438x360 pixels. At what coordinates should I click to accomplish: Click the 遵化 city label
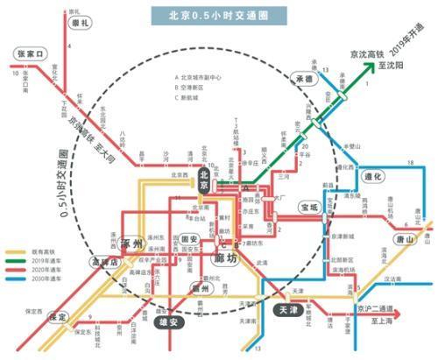pyautogui.click(x=374, y=177)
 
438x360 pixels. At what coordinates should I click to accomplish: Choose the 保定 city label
pyautogui.click(x=58, y=317)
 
